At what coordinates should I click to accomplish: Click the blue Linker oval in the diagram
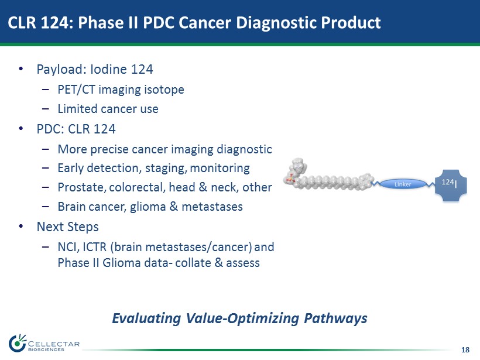[x=403, y=184]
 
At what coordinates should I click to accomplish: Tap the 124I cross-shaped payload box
[x=451, y=185]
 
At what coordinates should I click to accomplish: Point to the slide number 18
[x=465, y=349]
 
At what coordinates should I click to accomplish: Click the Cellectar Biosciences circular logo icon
[x=18, y=343]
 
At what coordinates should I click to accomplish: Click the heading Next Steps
[x=68, y=227]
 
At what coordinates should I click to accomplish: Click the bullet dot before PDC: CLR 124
[x=21, y=129]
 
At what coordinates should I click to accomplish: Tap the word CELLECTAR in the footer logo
[x=54, y=344]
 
